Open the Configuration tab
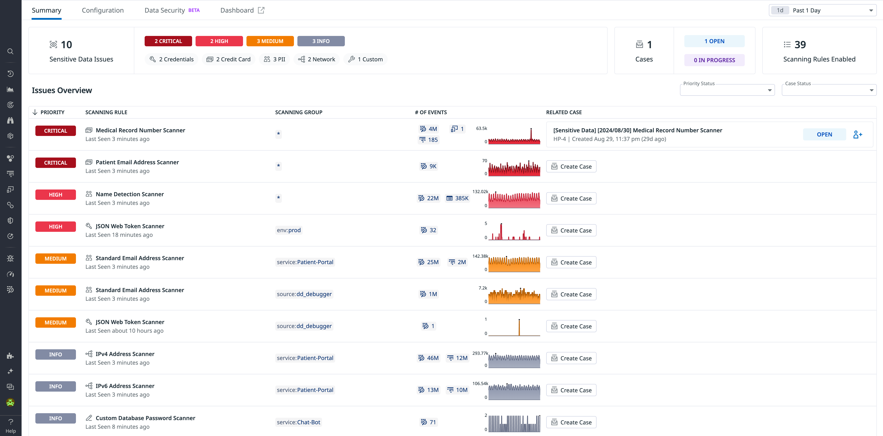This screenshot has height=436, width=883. tap(103, 10)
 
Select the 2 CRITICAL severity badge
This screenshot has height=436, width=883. tap(168, 41)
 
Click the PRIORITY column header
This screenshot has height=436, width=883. tap(52, 112)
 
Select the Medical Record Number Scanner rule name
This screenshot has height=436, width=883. tap(140, 130)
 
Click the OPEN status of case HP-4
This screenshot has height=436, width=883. tap(824, 134)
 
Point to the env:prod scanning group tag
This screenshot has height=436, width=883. tap(289, 230)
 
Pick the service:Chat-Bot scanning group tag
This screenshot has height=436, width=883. tap(298, 422)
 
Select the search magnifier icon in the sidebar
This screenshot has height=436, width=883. tap(10, 51)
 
